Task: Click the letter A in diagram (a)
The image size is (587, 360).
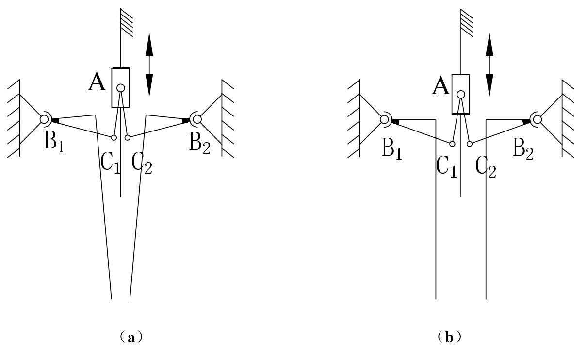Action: [x=97, y=83]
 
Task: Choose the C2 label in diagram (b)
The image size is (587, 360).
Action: [x=486, y=167]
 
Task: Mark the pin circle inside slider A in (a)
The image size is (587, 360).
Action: [x=120, y=88]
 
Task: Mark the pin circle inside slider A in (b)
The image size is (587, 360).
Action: [x=461, y=94]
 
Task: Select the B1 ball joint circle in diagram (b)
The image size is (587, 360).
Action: [x=385, y=118]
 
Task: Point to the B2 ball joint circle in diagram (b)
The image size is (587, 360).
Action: [x=537, y=119]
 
